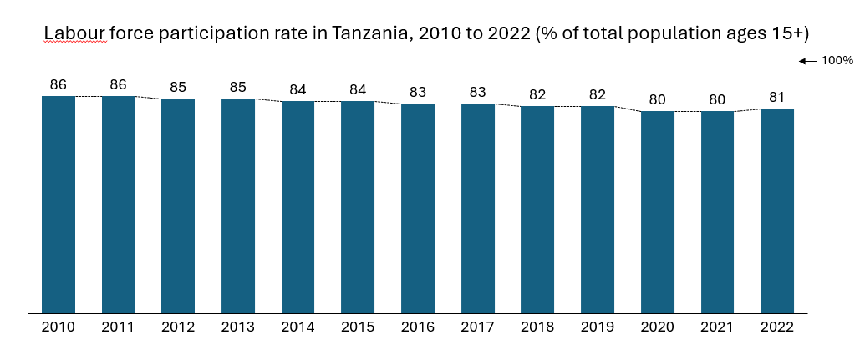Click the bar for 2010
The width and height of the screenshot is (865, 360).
59,205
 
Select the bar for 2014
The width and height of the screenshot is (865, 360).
298,207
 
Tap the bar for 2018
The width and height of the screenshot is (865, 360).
537,210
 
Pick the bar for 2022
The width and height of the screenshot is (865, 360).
777,211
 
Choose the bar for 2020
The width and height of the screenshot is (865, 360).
658,212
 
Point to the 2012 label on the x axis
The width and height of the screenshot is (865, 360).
178,327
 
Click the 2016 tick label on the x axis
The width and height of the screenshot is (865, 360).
418,327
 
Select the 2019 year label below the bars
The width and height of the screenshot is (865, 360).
598,327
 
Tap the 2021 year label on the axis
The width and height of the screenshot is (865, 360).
717,327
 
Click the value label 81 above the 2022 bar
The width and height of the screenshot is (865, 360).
777,97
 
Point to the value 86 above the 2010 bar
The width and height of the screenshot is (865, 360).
59,84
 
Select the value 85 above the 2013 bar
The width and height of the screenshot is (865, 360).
238,87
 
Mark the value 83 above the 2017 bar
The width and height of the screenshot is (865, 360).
477,92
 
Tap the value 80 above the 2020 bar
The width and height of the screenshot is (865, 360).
658,99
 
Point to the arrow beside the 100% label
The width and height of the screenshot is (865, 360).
807,61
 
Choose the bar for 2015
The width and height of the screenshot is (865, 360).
358,207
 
